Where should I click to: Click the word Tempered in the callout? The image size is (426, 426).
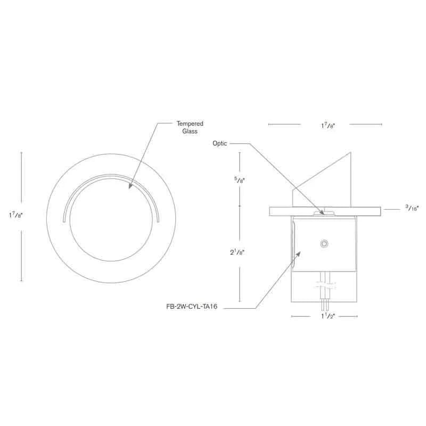pos(190,124)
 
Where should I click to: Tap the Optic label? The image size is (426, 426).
pos(220,143)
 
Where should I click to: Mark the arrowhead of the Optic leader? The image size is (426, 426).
pos(322,212)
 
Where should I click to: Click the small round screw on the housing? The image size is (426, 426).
pos(323,243)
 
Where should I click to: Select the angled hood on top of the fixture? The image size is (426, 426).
pos(330,178)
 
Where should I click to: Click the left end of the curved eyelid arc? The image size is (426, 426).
pos(64,219)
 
